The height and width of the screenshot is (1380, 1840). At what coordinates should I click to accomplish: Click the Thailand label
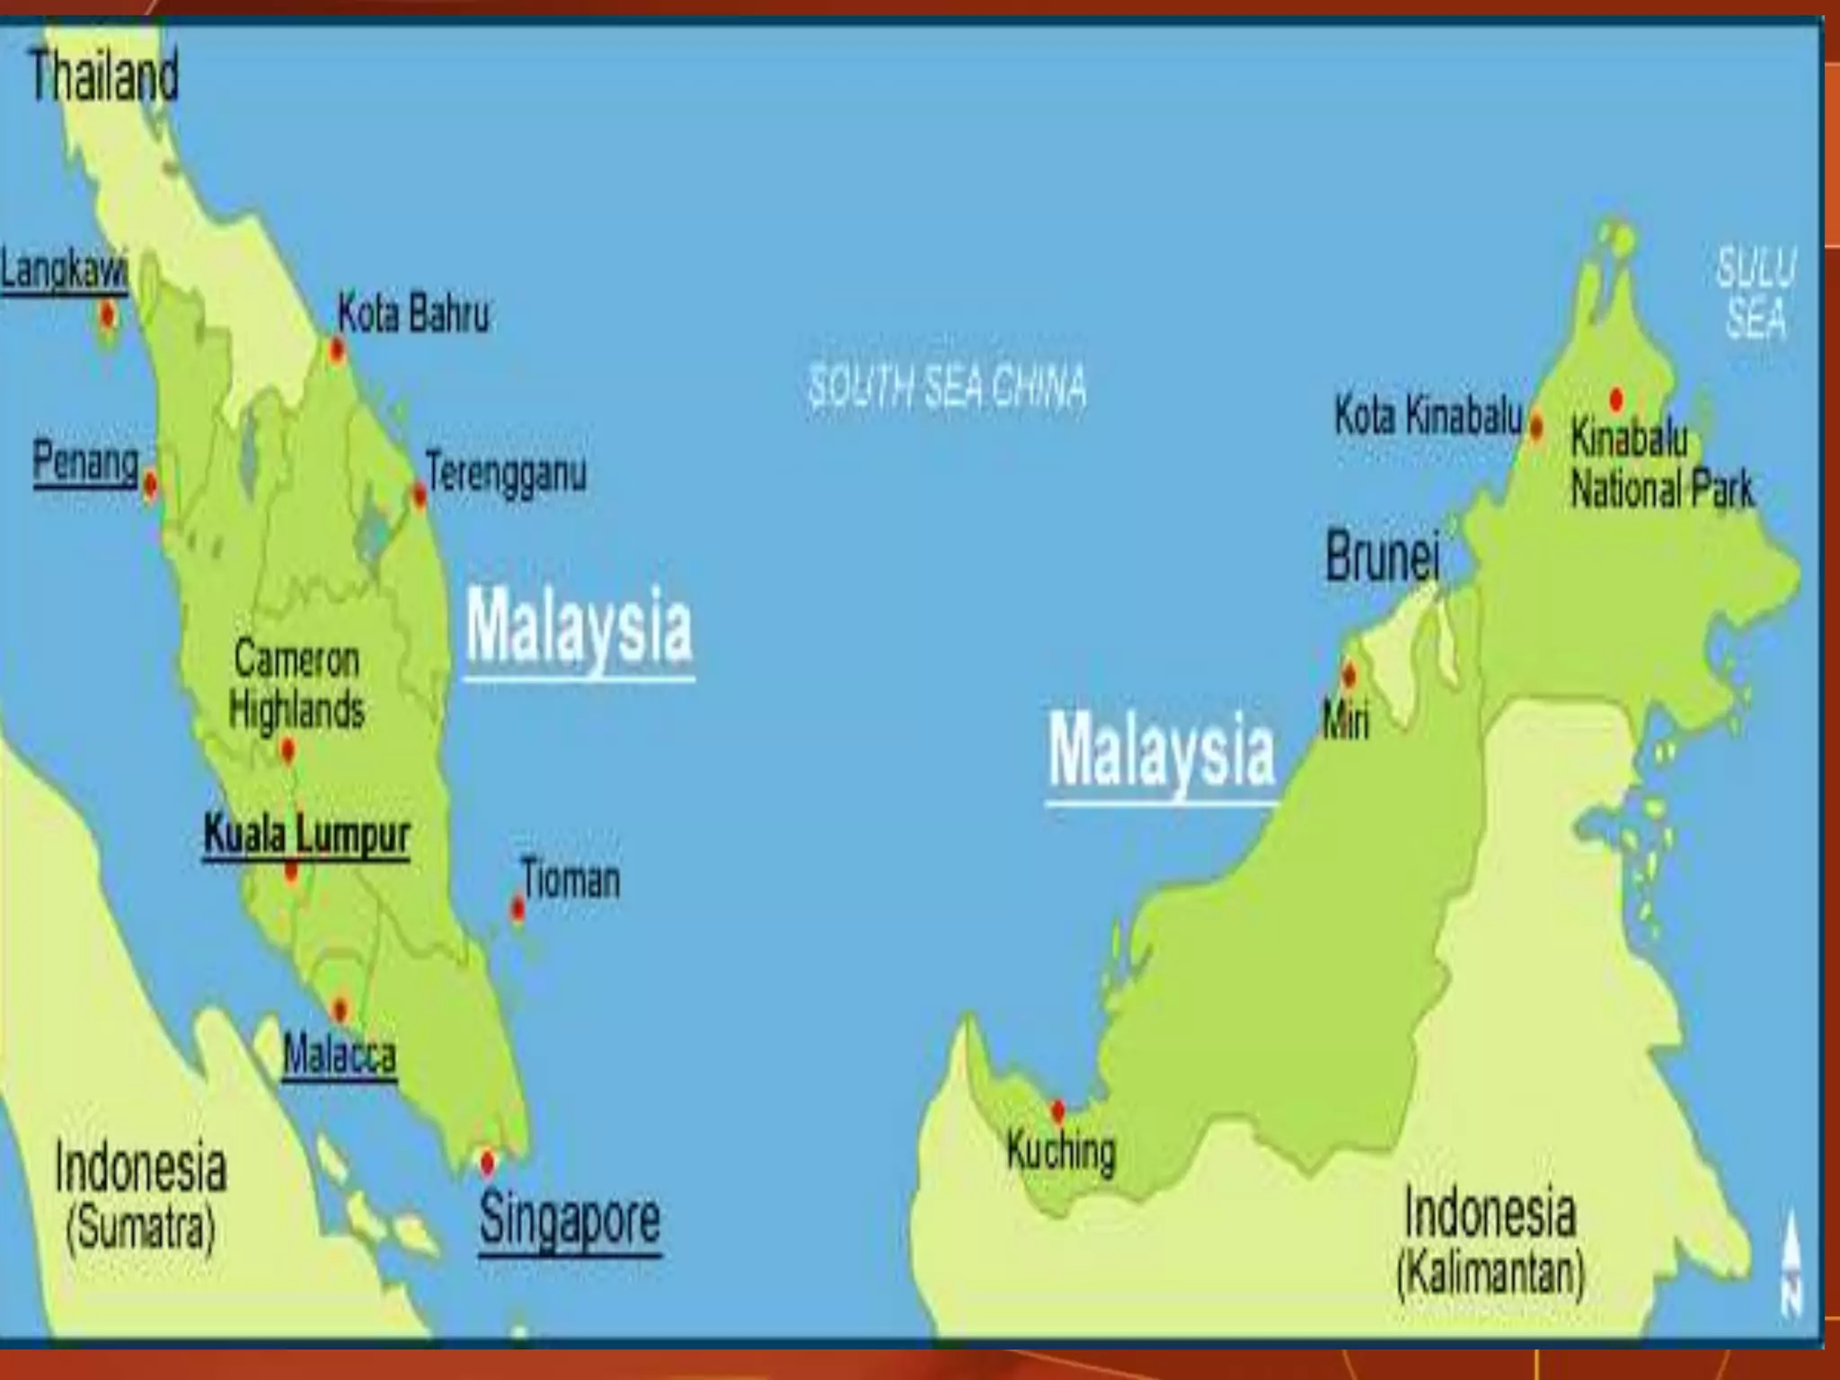(103, 75)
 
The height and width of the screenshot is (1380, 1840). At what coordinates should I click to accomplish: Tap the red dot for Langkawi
(108, 315)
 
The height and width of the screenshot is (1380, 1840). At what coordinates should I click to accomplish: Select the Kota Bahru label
(413, 314)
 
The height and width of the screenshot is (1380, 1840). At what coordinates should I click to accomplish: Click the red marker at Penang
(150, 485)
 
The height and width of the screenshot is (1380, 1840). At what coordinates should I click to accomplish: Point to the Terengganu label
(506, 473)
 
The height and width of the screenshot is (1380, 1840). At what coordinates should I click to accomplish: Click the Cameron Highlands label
(296, 685)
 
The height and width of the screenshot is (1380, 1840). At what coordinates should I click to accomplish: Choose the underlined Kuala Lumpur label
(306, 836)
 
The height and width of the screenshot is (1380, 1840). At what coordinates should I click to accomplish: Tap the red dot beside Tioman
(517, 909)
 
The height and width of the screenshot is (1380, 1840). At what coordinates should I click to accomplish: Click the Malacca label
(339, 1054)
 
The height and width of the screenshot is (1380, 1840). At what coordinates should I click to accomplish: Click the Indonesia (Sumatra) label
(140, 1195)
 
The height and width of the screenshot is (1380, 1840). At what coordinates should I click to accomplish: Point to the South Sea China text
(946, 386)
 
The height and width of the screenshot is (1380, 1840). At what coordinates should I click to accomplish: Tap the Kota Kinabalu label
(1428, 415)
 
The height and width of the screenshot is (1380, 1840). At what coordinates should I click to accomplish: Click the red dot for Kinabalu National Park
(1616, 399)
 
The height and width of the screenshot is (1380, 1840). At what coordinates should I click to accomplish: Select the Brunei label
(1383, 556)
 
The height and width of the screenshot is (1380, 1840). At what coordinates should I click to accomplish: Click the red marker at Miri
(1349, 675)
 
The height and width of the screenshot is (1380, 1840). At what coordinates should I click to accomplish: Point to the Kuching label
(1061, 1151)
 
